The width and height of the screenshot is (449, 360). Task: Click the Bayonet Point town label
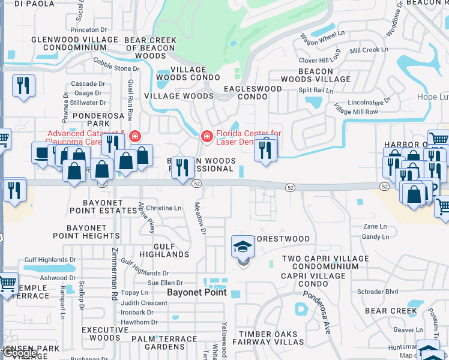click(x=196, y=292)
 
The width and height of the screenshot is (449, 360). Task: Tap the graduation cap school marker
click(x=243, y=247)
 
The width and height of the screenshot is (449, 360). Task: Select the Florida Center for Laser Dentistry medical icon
click(x=207, y=137)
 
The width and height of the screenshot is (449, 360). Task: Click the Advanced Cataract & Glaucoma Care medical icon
click(x=134, y=137)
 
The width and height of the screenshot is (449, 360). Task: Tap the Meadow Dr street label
click(x=200, y=218)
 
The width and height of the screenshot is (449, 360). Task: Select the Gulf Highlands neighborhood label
click(x=163, y=250)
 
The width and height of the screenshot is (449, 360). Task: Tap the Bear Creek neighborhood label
click(x=391, y=311)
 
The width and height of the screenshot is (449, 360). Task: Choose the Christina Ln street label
click(x=163, y=208)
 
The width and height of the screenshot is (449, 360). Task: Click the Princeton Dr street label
click(x=88, y=29)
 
